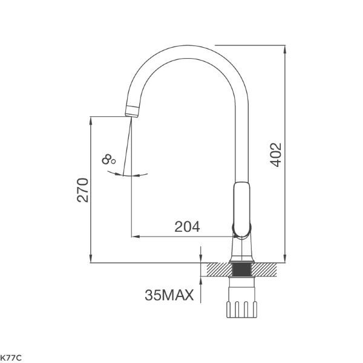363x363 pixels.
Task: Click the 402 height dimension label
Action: [x=275, y=155]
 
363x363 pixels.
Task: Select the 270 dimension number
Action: [x=83, y=190]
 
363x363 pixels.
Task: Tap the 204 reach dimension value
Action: [x=187, y=227]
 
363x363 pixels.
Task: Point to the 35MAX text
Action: [x=169, y=295]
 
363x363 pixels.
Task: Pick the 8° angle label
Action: [x=109, y=160]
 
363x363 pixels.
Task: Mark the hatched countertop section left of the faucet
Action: [x=218, y=267]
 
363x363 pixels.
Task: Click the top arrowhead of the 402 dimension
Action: [x=285, y=49]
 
